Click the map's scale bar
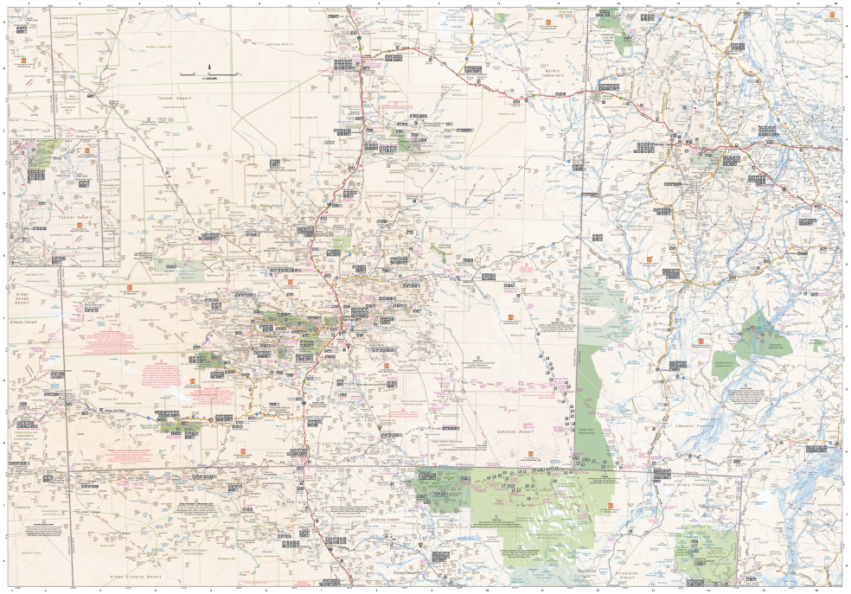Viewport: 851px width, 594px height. pyautogui.click(x=208, y=74)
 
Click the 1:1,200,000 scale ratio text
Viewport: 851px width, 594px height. pyautogui.click(x=208, y=79)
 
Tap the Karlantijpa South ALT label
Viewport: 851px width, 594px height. pyautogui.click(x=304, y=118)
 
